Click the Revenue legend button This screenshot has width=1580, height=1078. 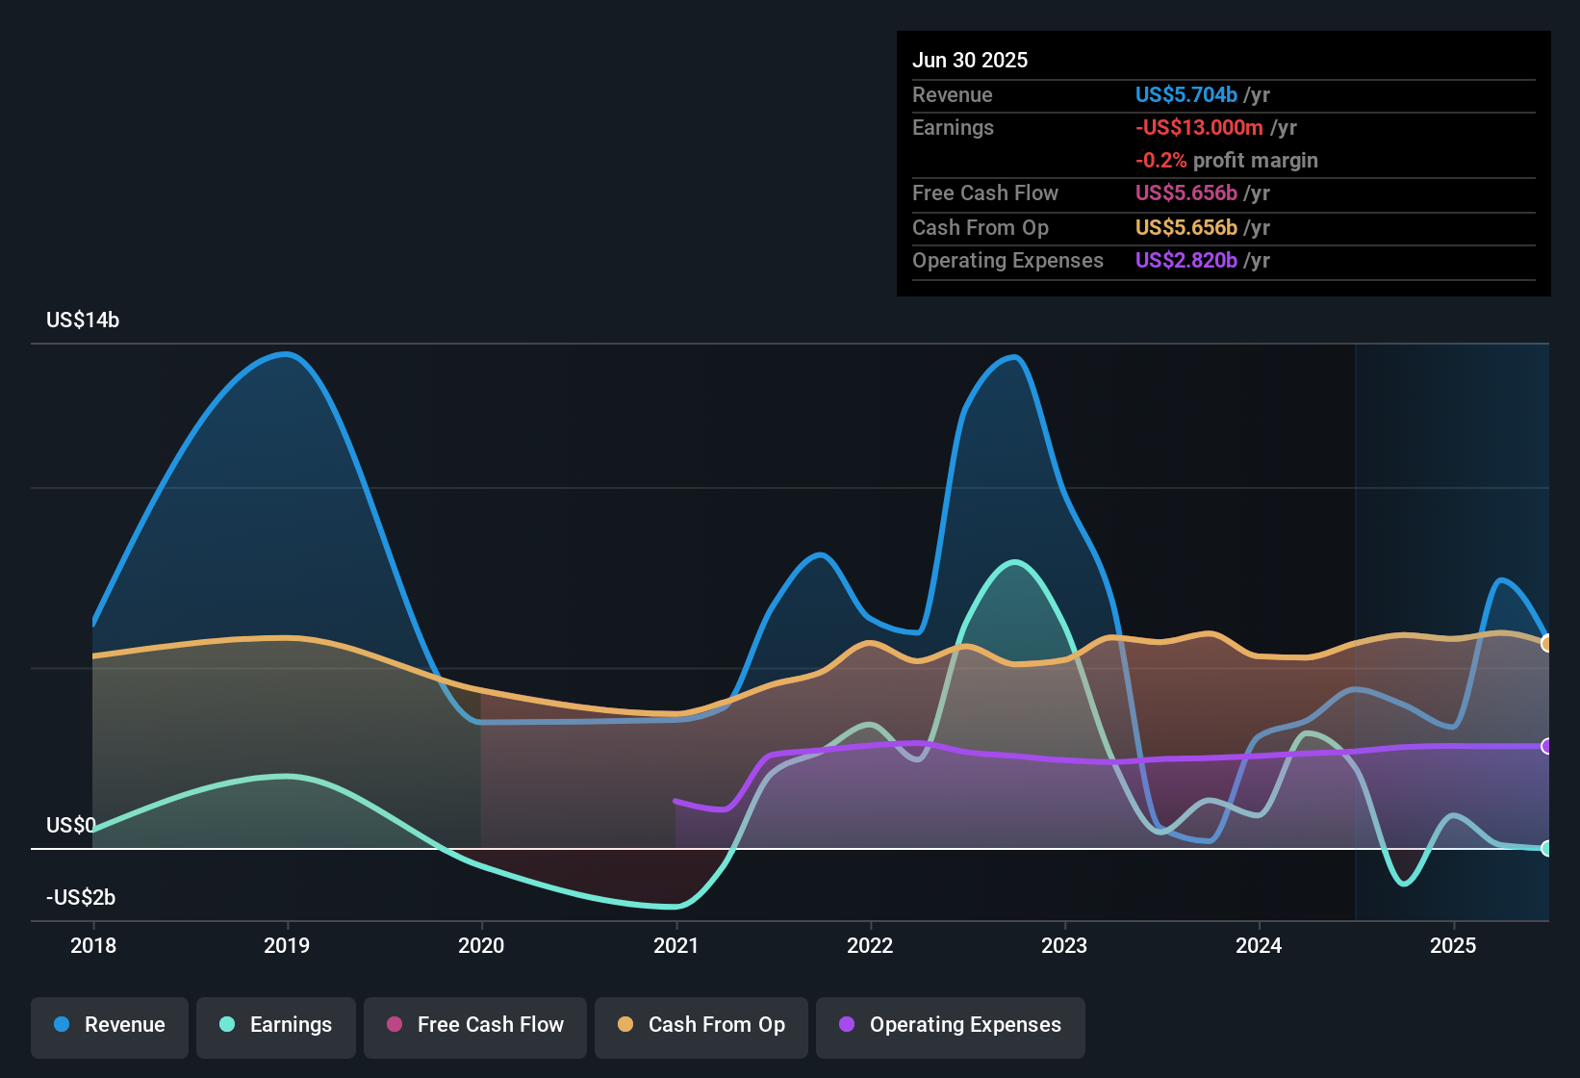pos(110,1025)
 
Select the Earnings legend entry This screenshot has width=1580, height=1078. pos(276,1025)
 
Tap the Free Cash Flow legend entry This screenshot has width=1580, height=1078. pos(475,1025)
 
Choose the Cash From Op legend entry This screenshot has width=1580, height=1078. pos(701,1025)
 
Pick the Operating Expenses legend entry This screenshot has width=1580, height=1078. pos(951,1025)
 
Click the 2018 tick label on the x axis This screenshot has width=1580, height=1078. pos(93,945)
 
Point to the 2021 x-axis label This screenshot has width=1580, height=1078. pos(675,945)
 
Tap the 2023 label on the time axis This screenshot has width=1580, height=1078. pos(1064,945)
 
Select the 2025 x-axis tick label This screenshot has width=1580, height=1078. pos(1453,945)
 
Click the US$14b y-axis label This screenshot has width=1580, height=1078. pos(83,321)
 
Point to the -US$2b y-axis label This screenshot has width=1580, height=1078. pos(81,898)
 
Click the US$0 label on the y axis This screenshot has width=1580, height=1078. pos(70,826)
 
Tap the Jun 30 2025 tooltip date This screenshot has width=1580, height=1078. pos(970,61)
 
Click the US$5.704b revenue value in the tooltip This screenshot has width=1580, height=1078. pos(1185,95)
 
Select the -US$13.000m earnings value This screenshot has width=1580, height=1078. pos(1199,128)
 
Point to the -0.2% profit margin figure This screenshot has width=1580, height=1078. pos(1160,161)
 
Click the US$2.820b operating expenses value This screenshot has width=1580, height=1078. pos(1185,261)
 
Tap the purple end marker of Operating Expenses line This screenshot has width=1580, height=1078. pos(1546,746)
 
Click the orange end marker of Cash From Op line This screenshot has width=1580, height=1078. pos(1546,643)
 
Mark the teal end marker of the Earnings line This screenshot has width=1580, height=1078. pos(1546,848)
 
